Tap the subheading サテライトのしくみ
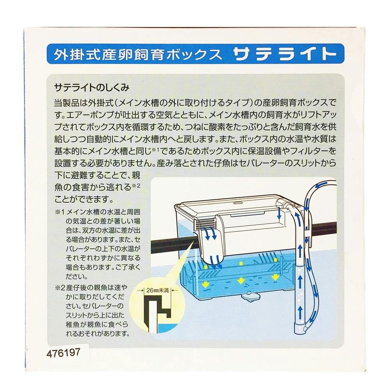[x=92, y=88]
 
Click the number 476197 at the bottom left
[x=63, y=353]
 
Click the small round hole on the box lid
[x=238, y=203]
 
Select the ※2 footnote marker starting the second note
[x=60, y=288]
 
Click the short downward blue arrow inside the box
[x=279, y=214]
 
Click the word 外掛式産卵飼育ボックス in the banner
[x=138, y=54]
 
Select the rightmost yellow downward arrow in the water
[x=275, y=277]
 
